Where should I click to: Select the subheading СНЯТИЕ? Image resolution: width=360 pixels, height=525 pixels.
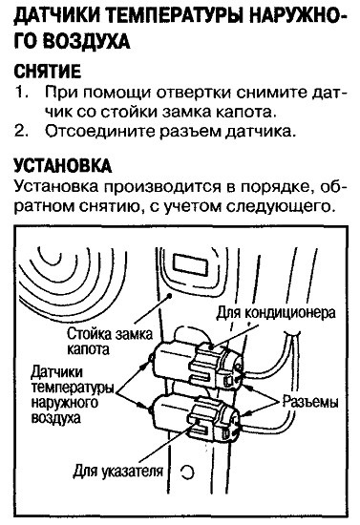pos(47,71)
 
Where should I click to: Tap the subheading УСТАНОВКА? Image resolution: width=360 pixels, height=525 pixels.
pos(63,166)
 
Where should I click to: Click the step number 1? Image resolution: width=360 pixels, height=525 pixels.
pos(20,93)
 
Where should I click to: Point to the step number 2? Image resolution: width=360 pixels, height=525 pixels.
pos(21,132)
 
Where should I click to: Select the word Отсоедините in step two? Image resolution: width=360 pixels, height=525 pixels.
pos(98,132)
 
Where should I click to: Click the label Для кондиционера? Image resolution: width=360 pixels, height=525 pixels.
pos(276,313)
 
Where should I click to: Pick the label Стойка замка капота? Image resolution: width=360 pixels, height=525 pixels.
pos(110,341)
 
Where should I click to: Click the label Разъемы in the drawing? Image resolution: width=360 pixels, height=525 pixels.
pos(310,402)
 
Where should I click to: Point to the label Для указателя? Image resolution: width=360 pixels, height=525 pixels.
pos(117,472)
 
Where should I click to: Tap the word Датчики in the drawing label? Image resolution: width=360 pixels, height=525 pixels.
pos(56,372)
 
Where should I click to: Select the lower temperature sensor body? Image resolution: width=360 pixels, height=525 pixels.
pos(196,417)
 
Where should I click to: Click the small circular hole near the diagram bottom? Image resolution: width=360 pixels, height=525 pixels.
pos(187,472)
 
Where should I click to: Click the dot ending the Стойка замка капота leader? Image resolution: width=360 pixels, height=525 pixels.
pos(170,296)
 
